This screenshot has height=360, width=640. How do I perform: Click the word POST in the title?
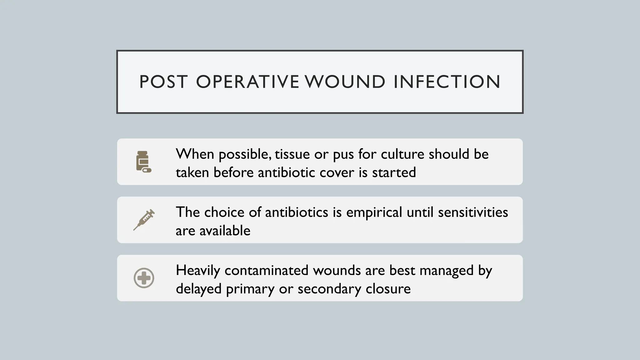163,82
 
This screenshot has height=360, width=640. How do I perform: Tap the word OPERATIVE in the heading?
247,82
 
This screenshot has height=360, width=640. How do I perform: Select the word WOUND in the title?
345,82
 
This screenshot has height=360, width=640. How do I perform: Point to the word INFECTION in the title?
447,82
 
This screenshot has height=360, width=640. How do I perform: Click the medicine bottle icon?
143,162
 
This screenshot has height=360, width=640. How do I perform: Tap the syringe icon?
144,220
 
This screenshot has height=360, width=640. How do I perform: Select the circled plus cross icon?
144,278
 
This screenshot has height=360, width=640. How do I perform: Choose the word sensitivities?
473,212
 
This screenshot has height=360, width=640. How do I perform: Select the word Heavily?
198,271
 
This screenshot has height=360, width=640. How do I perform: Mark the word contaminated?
267,270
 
